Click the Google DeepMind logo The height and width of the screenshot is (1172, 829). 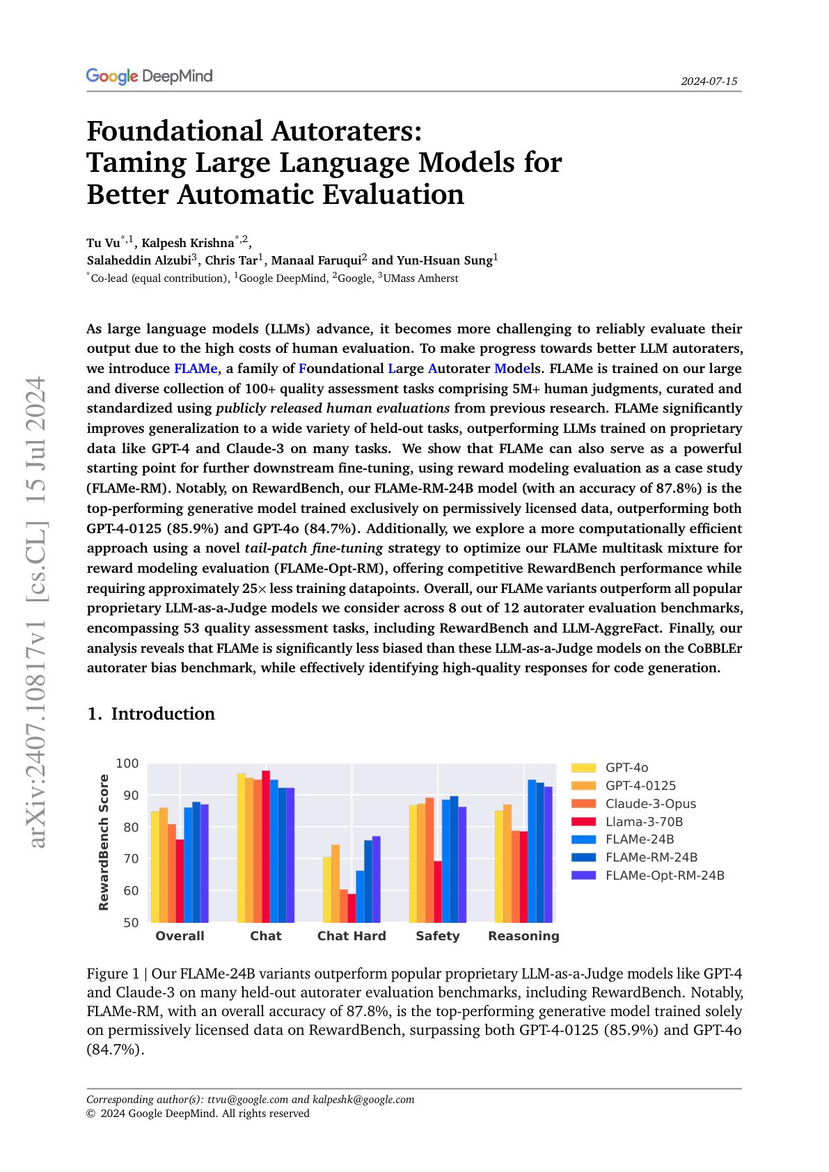[x=149, y=77]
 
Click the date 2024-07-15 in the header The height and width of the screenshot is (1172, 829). [x=709, y=81]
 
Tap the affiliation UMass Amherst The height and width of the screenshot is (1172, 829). [x=420, y=278]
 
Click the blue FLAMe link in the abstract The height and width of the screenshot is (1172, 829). [x=195, y=368]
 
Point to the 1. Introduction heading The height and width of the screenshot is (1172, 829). [x=151, y=714]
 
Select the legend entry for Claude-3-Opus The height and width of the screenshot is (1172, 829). [x=650, y=804]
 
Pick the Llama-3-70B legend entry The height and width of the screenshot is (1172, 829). [x=644, y=822]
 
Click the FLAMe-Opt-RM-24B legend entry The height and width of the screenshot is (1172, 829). [x=665, y=876]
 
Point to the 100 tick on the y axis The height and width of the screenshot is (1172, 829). [x=127, y=763]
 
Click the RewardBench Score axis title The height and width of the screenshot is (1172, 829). [x=104, y=842]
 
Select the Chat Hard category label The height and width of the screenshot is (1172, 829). [x=352, y=936]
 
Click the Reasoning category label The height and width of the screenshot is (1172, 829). [x=523, y=936]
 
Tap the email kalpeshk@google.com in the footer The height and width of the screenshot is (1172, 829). [x=363, y=1100]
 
